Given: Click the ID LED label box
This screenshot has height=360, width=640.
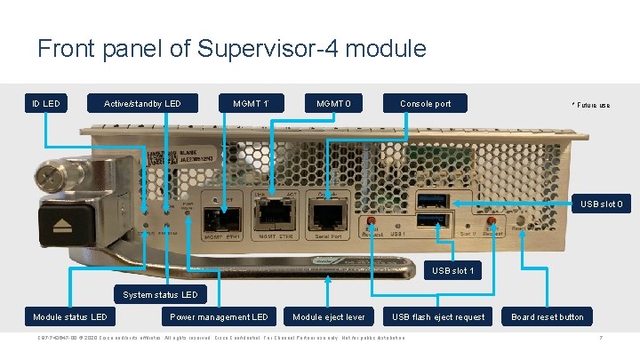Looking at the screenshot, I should tap(46, 104).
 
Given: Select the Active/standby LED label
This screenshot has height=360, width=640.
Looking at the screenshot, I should tap(142, 104).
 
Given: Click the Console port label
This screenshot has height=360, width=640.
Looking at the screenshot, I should tap(425, 104).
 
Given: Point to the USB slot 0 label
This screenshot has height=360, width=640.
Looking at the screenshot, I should tap(604, 205).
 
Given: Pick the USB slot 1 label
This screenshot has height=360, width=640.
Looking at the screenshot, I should tap(453, 270).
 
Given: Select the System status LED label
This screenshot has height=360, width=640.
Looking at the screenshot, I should tap(160, 294).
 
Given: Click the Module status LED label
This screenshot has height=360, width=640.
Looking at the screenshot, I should tap(70, 316).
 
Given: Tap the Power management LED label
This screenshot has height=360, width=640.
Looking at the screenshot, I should tap(218, 316).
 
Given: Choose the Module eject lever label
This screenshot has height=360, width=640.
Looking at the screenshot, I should tap(329, 316).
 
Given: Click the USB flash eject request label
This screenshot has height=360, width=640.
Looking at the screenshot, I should tap(438, 316).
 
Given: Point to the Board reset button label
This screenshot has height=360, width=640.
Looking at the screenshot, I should tap(548, 316).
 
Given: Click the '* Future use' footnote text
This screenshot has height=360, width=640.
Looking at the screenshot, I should tap(590, 106).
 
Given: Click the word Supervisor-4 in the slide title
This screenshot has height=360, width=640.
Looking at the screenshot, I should tap(259, 48).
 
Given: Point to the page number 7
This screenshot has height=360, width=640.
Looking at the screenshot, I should tap(601, 338).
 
